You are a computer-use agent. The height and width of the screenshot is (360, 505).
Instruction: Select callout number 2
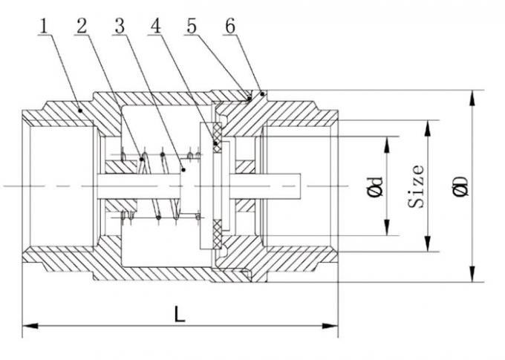(x=82, y=27)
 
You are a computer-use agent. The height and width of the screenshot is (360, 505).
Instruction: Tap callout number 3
(x=119, y=27)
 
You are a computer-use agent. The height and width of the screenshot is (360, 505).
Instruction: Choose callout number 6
(x=230, y=27)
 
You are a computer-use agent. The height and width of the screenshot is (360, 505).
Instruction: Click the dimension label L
(x=179, y=314)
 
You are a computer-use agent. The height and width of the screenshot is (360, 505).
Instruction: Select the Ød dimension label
(x=377, y=186)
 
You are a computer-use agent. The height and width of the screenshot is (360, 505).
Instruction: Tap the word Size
(x=419, y=186)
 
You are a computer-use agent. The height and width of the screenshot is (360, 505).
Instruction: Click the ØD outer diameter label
(x=461, y=186)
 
